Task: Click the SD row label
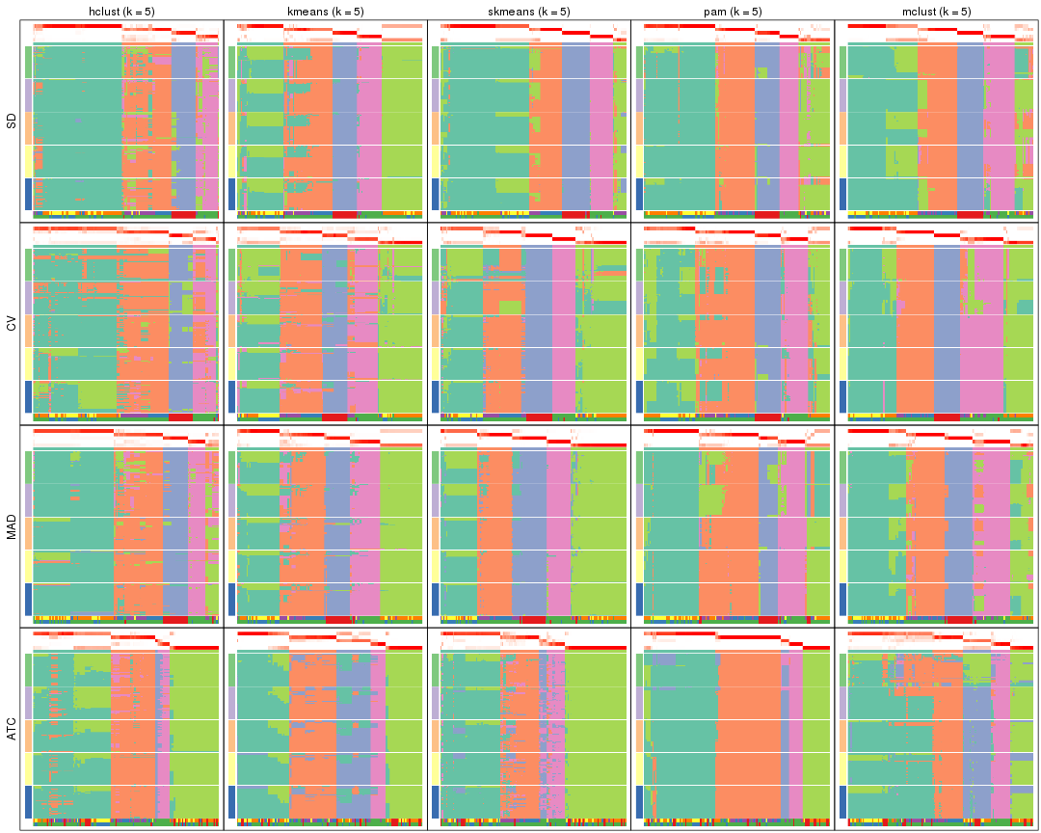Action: coord(12,121)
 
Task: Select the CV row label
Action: coord(12,324)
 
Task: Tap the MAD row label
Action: coord(12,526)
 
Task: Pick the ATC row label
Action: coord(12,729)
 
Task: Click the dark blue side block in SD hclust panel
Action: coord(28,194)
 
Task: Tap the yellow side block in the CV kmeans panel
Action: coord(231,363)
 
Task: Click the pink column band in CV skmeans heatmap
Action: coord(563,328)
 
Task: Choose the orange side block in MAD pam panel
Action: coord(638,532)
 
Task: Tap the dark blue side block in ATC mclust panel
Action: coord(841,801)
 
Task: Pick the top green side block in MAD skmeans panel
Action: coord(435,466)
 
